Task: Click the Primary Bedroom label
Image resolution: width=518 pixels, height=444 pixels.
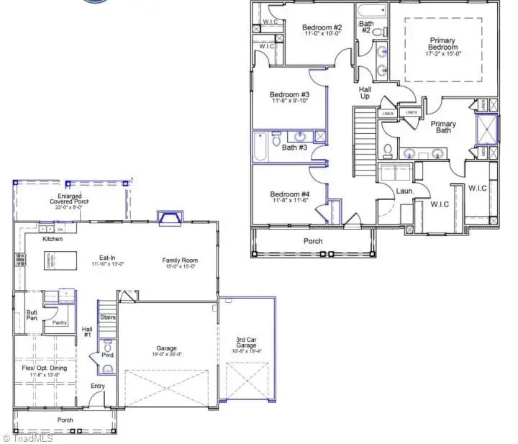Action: tap(443, 44)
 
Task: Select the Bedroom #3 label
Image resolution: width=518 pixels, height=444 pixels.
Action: tap(289, 95)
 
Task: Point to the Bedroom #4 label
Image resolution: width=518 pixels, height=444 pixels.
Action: tap(289, 194)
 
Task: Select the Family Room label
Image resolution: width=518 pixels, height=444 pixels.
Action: tap(180, 260)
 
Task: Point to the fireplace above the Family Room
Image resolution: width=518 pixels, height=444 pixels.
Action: tap(168, 218)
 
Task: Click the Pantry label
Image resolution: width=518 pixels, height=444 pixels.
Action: tap(60, 322)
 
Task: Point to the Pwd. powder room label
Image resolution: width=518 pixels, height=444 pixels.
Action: tap(108, 355)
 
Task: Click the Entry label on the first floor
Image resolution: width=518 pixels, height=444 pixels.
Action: tap(98, 386)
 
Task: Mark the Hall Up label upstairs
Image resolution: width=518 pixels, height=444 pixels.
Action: tap(365, 92)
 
